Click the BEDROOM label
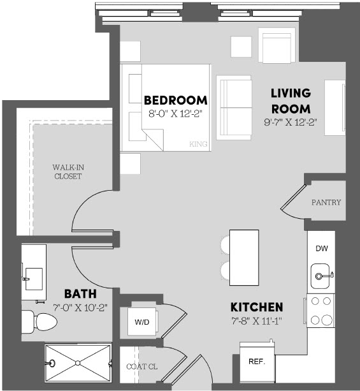[x=176, y=100]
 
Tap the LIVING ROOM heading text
[x=291, y=101]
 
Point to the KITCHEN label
[x=257, y=307]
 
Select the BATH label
[x=80, y=294]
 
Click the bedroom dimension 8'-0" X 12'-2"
[x=175, y=114]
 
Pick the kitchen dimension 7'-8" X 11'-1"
[x=257, y=321]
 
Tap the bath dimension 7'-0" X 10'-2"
[x=80, y=307]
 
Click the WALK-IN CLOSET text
[x=68, y=172]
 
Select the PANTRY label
[x=326, y=202]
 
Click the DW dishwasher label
[x=322, y=248]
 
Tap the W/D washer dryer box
[x=142, y=321]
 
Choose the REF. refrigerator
[x=257, y=362]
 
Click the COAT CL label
[x=141, y=367]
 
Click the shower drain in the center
[x=78, y=363]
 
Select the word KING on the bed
[x=198, y=144]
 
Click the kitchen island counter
[x=244, y=258]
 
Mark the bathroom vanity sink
[x=34, y=279]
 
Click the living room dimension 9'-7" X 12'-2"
[x=291, y=122]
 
